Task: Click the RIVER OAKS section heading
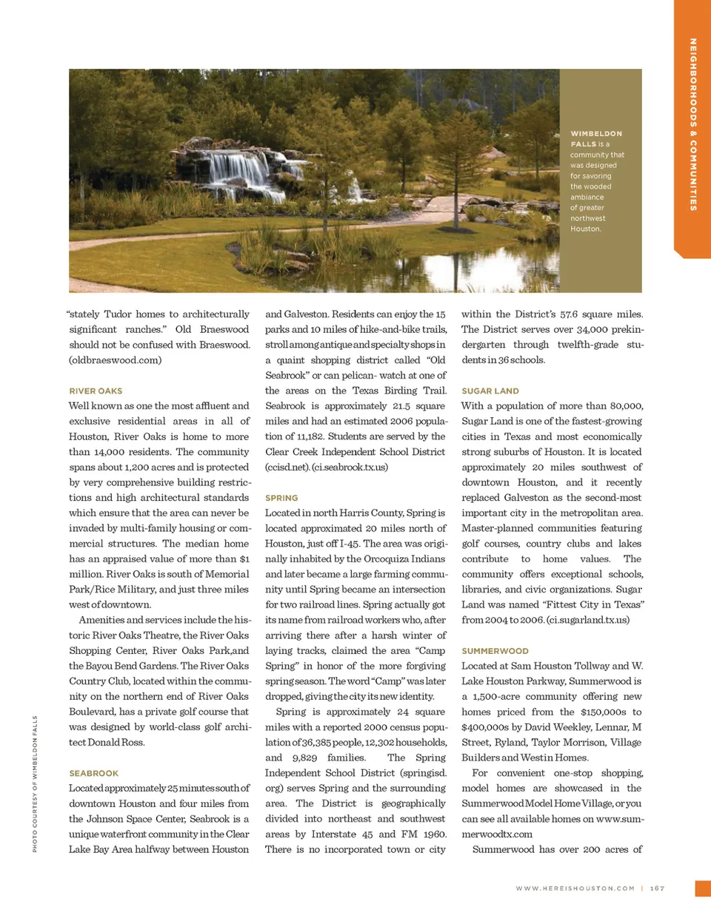[x=96, y=391]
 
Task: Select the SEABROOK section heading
[x=93, y=773]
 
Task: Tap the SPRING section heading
[x=281, y=498]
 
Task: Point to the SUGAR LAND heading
[x=490, y=391]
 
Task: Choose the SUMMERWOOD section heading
[x=495, y=651]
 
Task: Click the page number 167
[x=657, y=888]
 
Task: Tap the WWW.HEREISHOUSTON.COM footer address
[x=575, y=888]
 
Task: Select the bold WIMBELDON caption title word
[x=596, y=134]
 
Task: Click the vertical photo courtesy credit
[x=35, y=783]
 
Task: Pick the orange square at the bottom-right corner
[x=703, y=888]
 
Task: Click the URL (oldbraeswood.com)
[x=115, y=360]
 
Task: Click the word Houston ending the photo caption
[x=586, y=229]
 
